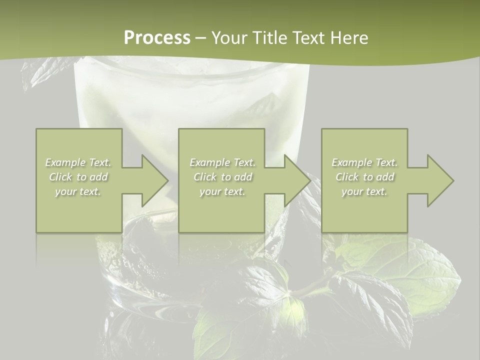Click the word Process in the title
157,38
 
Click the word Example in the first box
65,162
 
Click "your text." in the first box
78,191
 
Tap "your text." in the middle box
222,191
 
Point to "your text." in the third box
364,191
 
